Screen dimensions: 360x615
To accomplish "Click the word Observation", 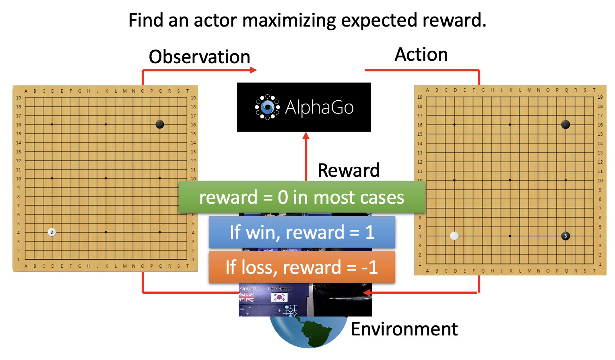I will click(x=199, y=57).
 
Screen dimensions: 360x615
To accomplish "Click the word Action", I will click(x=421, y=54).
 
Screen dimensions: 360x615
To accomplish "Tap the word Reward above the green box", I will click(x=349, y=170).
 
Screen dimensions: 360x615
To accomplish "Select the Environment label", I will click(x=404, y=329).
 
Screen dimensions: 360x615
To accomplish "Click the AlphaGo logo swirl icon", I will click(x=267, y=107).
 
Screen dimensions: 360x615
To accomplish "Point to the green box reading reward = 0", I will click(x=301, y=197).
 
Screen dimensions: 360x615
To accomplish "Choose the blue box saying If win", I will click(x=302, y=232).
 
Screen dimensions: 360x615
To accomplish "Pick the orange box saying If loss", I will click(x=301, y=267).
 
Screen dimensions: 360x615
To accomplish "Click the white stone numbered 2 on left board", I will click(x=52, y=232).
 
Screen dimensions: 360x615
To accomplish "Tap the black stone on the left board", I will click(x=160, y=124).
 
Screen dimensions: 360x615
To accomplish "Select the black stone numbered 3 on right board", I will click(x=565, y=236).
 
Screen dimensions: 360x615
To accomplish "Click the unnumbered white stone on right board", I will click(x=454, y=236).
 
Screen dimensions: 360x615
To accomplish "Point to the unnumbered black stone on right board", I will click(x=565, y=124).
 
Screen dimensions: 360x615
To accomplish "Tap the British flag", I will click(x=246, y=298).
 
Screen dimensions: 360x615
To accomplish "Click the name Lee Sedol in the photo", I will click(x=280, y=289).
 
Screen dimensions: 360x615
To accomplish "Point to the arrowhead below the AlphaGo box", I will click(x=306, y=136).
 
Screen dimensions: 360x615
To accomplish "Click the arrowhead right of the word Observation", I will click(x=253, y=70).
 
